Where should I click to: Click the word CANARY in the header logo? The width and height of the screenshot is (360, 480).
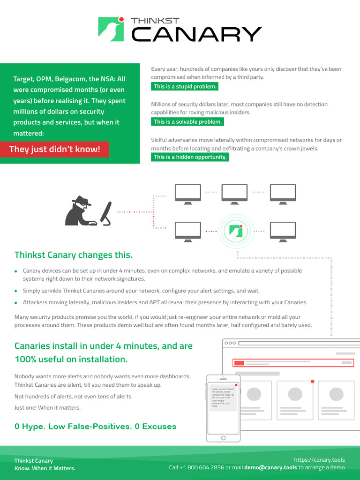[196, 34]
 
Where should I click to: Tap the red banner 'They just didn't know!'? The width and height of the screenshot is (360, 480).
[55, 150]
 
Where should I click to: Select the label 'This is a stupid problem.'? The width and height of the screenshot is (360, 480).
[185, 87]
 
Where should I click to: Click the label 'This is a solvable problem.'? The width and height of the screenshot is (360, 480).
[187, 122]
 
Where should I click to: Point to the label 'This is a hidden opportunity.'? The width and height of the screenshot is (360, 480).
[190, 157]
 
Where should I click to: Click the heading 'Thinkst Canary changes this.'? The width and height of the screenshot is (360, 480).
[74, 255]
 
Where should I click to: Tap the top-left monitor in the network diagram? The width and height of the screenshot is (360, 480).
[188, 194]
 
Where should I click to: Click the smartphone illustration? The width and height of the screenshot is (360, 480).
[223, 408]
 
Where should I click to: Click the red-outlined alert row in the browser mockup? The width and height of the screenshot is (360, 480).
[293, 363]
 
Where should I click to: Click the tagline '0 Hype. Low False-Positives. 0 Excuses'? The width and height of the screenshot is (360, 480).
[96, 427]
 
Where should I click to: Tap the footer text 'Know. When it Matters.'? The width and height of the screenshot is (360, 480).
[45, 468]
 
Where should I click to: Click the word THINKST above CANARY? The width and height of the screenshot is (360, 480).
[155, 21]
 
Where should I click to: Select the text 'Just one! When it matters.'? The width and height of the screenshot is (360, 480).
[48, 407]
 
